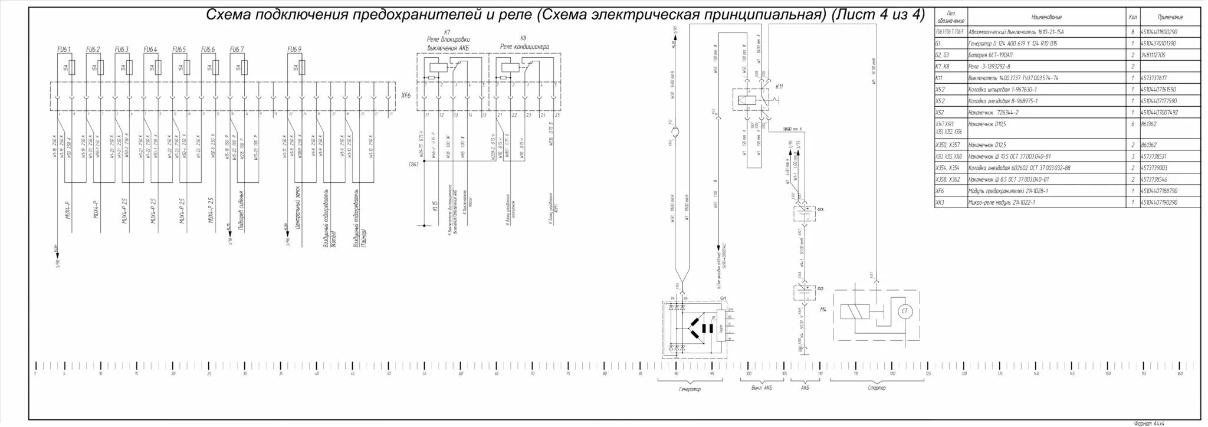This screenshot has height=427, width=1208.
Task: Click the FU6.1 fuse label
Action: [64, 49]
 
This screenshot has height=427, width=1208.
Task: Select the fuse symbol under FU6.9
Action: [302, 67]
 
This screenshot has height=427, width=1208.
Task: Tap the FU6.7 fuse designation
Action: [237, 49]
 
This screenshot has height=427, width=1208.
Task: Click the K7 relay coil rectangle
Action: [434, 67]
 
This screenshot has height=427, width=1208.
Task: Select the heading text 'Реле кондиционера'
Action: [524, 47]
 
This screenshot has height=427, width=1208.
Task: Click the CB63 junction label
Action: [413, 165]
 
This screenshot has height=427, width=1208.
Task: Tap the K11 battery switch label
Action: [779, 87]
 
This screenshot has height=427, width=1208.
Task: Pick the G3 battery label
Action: [820, 209]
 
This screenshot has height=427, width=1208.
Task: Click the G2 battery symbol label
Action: [820, 288]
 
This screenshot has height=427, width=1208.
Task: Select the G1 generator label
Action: [723, 299]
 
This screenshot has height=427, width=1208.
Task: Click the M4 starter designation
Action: [823, 309]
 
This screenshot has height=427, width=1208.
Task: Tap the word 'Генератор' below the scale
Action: [690, 389]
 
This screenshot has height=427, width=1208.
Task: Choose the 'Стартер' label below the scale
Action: [877, 388]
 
